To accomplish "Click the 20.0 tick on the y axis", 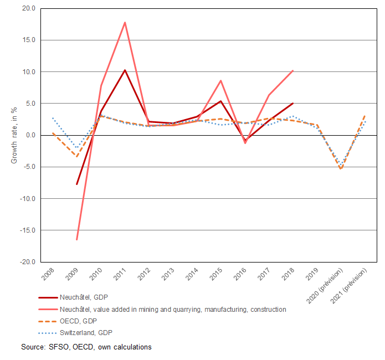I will (28, 8).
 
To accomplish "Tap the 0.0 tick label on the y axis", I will (30, 135).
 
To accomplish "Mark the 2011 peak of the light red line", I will (125, 22).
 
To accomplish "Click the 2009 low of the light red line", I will (77, 240).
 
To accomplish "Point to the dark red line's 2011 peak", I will (125, 70).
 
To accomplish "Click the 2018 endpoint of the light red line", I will (292, 70).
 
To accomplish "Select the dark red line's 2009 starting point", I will (77, 184).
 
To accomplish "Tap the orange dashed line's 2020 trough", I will (341, 169).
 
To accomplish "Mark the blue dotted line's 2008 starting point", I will (53, 118).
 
